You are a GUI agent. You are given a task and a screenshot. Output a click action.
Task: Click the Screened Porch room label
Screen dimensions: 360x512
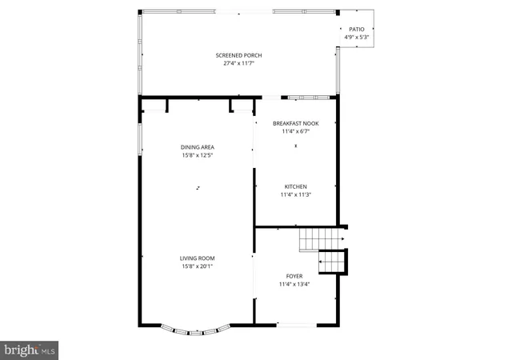click(238, 55)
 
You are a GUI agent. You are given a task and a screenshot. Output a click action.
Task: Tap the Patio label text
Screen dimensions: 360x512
click(356, 29)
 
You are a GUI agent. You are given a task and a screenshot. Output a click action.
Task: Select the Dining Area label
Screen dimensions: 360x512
click(197, 147)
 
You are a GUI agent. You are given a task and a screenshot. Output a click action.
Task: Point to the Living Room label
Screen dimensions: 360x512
click(197, 258)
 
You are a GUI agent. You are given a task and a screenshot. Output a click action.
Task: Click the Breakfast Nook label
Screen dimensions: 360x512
click(295, 123)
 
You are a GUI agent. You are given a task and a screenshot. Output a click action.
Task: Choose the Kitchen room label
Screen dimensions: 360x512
click(295, 186)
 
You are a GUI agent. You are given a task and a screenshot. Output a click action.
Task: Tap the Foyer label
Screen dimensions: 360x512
click(294, 276)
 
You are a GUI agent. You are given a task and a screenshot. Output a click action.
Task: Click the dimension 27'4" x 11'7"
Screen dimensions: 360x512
click(238, 63)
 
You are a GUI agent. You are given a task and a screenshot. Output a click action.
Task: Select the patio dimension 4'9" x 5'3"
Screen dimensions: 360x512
click(356, 37)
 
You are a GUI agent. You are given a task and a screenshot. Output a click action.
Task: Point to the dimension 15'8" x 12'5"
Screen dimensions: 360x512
click(197, 155)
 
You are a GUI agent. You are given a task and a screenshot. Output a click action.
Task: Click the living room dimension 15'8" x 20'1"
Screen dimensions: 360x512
click(197, 266)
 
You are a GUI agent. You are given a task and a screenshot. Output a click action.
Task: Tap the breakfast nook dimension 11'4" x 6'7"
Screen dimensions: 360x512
click(295, 131)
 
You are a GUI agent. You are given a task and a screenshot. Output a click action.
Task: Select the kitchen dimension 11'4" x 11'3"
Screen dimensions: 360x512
click(295, 194)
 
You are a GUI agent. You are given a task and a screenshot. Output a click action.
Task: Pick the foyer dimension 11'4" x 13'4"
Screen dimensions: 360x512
click(294, 284)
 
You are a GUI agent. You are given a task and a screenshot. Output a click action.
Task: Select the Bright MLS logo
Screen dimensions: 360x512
click(30, 350)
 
